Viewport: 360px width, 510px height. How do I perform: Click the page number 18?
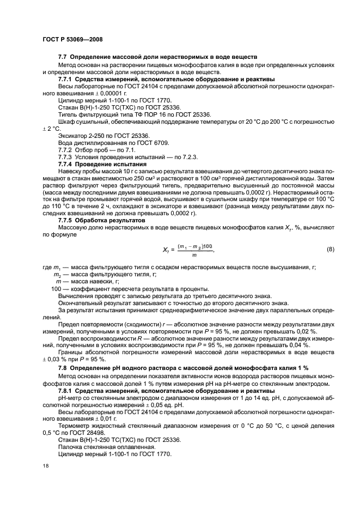[x=46, y=466]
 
